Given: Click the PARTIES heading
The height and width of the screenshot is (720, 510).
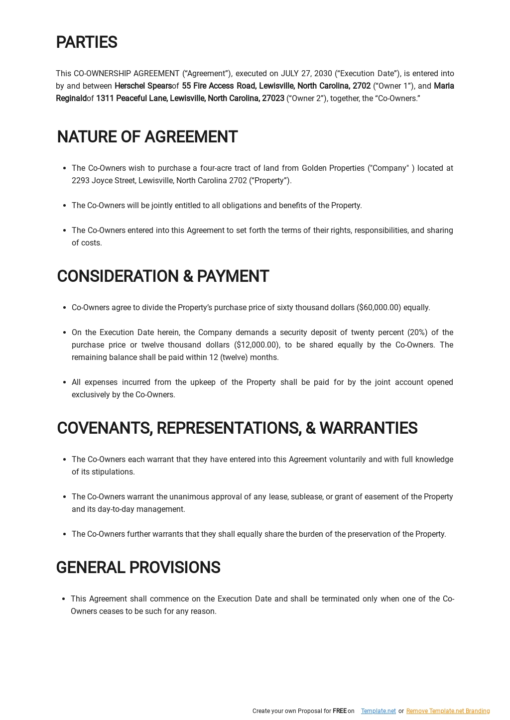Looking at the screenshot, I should (x=87, y=43).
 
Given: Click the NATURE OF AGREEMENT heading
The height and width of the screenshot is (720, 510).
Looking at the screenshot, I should (x=147, y=137).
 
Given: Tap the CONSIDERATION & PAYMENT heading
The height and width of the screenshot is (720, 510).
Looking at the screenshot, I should (x=163, y=276).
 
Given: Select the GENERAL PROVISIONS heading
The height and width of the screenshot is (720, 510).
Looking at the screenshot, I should (x=138, y=568).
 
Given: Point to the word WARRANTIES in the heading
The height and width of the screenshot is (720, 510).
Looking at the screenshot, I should (x=368, y=428).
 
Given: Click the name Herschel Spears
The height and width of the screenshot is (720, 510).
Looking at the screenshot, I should (x=143, y=86).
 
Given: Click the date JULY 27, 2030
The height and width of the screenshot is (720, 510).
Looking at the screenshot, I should (x=306, y=74).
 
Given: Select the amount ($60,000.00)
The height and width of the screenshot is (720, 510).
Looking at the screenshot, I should (x=379, y=308).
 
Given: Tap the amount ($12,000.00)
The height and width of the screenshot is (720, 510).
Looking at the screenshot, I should (x=256, y=345).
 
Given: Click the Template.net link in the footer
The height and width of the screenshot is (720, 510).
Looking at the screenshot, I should (x=378, y=711).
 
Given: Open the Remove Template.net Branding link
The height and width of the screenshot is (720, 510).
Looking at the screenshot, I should (x=448, y=711).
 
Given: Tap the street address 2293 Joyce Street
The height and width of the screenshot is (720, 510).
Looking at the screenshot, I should (x=103, y=181).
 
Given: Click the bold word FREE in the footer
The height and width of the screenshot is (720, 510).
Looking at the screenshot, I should (x=339, y=711).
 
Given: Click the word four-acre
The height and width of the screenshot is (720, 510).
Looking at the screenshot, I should (x=217, y=168).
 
